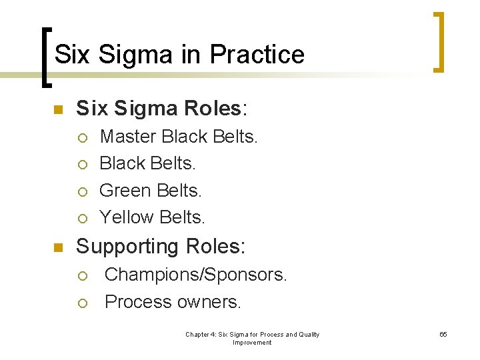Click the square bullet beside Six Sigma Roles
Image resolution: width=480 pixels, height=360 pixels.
57,109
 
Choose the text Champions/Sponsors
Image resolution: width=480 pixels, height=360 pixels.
196,275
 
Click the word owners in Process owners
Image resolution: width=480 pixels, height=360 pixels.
209,302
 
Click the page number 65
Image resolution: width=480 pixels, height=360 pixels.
443,334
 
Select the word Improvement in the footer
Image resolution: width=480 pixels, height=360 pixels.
252,343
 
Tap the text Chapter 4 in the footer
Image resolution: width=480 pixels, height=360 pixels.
201,334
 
